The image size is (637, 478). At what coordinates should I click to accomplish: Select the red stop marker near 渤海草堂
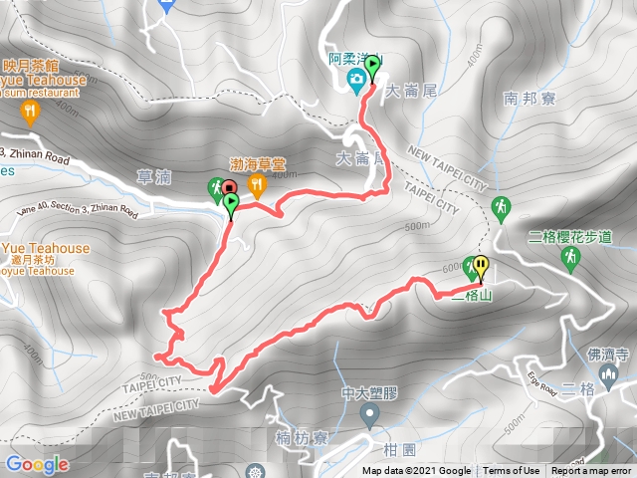tap(229, 187)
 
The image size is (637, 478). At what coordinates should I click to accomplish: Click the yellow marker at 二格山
tap(482, 266)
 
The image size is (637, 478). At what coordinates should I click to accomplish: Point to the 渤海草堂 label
tap(258, 164)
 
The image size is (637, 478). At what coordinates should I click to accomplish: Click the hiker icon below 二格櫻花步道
tap(571, 258)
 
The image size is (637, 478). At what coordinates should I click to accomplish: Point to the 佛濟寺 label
tap(608, 353)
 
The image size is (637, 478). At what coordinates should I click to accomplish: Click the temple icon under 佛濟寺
tap(609, 374)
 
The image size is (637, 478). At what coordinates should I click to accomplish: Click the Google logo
tap(37, 464)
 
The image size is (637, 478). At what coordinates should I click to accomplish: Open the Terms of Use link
tap(512, 471)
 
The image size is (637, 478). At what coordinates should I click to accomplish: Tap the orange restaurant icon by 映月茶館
tap(30, 111)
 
